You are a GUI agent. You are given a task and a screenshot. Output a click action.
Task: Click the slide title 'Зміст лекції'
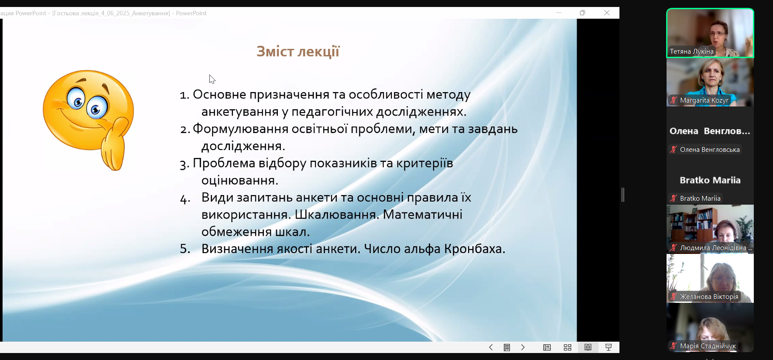click(298, 51)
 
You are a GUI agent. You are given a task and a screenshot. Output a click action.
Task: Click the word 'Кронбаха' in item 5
click(475, 249)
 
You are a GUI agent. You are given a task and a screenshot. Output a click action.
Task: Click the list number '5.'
click(185, 249)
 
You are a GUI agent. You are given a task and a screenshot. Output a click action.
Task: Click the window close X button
click(607, 13)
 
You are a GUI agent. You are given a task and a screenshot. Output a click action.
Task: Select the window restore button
click(582, 13)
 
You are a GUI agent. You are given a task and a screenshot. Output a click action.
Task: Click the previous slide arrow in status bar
click(491, 347)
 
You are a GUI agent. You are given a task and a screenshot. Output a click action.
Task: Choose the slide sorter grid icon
click(568, 347)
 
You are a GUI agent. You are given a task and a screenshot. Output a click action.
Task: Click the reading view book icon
click(588, 347)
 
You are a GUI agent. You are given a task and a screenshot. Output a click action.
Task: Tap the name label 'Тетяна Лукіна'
click(692, 51)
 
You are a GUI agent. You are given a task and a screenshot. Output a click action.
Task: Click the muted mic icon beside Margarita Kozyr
click(674, 100)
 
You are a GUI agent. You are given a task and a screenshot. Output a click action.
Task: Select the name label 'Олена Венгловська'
click(710, 150)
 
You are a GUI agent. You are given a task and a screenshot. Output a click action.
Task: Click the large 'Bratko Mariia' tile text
click(710, 180)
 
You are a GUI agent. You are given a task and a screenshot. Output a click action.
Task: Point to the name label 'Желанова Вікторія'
click(709, 297)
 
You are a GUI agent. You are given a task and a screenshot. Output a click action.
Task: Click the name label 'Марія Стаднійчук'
click(708, 346)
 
